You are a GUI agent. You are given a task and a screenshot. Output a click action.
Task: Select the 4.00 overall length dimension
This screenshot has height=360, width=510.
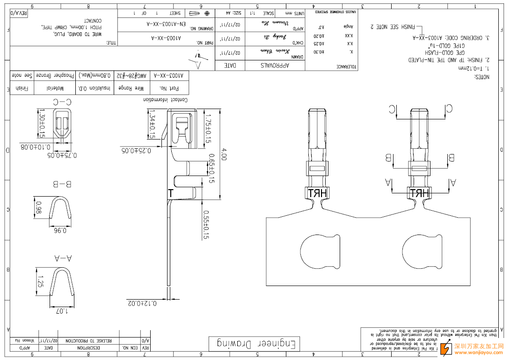click(x=224, y=155)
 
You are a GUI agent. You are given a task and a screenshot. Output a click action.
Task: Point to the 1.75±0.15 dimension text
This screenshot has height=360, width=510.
click(x=208, y=128)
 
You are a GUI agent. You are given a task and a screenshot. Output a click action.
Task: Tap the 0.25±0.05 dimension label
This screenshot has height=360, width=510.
click(x=136, y=150)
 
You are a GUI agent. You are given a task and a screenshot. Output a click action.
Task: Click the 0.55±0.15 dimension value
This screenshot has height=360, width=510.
click(x=205, y=225)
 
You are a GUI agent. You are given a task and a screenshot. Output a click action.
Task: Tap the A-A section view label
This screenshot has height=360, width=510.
click(x=63, y=257)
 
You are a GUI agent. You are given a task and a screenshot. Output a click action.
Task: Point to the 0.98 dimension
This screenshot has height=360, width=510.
click(x=39, y=207)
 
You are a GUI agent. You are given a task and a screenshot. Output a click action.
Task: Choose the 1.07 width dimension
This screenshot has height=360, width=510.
click(x=62, y=310)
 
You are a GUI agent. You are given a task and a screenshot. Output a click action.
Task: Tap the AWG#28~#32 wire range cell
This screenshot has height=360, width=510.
click(x=133, y=75)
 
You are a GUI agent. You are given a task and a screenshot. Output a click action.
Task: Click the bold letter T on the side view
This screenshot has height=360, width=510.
click(x=171, y=193)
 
